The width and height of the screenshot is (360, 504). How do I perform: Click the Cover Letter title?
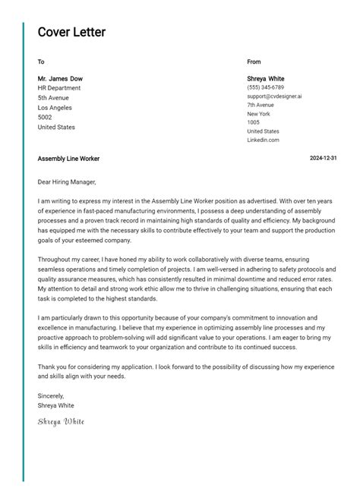pos(71,32)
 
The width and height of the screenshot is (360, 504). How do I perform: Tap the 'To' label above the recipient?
pos(41,61)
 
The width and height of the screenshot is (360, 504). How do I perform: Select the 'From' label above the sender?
pos(254,61)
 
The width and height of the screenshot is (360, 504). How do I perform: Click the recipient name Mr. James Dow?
pos(60,78)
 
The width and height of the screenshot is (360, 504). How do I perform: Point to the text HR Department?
pos(59,88)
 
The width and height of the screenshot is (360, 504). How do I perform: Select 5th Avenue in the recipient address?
pos(53,98)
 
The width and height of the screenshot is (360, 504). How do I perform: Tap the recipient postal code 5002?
pos(45,118)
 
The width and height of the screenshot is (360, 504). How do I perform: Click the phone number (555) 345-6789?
pos(265,88)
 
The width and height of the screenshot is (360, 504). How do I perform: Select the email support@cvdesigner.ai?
pos(274,96)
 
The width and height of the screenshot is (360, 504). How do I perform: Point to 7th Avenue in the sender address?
pos(261,105)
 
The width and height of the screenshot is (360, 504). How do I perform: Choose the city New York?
pos(259,114)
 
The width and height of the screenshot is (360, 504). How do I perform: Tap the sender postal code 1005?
pos(253,122)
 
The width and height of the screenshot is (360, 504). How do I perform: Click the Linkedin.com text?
pos(263,140)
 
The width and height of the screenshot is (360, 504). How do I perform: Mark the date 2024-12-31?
pos(323,159)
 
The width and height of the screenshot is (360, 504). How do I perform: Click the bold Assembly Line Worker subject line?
pos(68,159)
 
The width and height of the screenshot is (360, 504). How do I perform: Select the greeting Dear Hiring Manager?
pos(67,182)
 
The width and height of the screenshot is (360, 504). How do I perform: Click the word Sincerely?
pos(51,395)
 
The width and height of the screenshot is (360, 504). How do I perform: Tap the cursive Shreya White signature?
pos(61,421)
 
